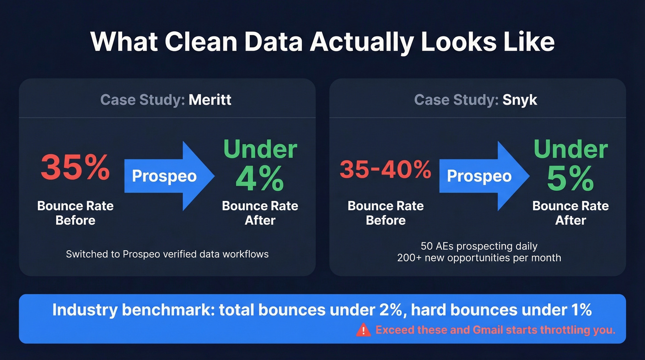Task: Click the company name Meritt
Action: click(x=210, y=100)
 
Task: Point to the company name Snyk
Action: click(x=520, y=100)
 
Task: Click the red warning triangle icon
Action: click(x=364, y=330)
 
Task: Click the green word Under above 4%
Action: click(x=260, y=150)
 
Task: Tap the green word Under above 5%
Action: click(x=571, y=150)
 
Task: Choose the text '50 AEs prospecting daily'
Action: click(x=479, y=246)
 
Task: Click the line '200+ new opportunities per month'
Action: click(x=479, y=258)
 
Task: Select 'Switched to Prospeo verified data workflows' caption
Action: click(x=167, y=254)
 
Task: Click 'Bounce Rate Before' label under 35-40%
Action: click(x=386, y=213)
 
